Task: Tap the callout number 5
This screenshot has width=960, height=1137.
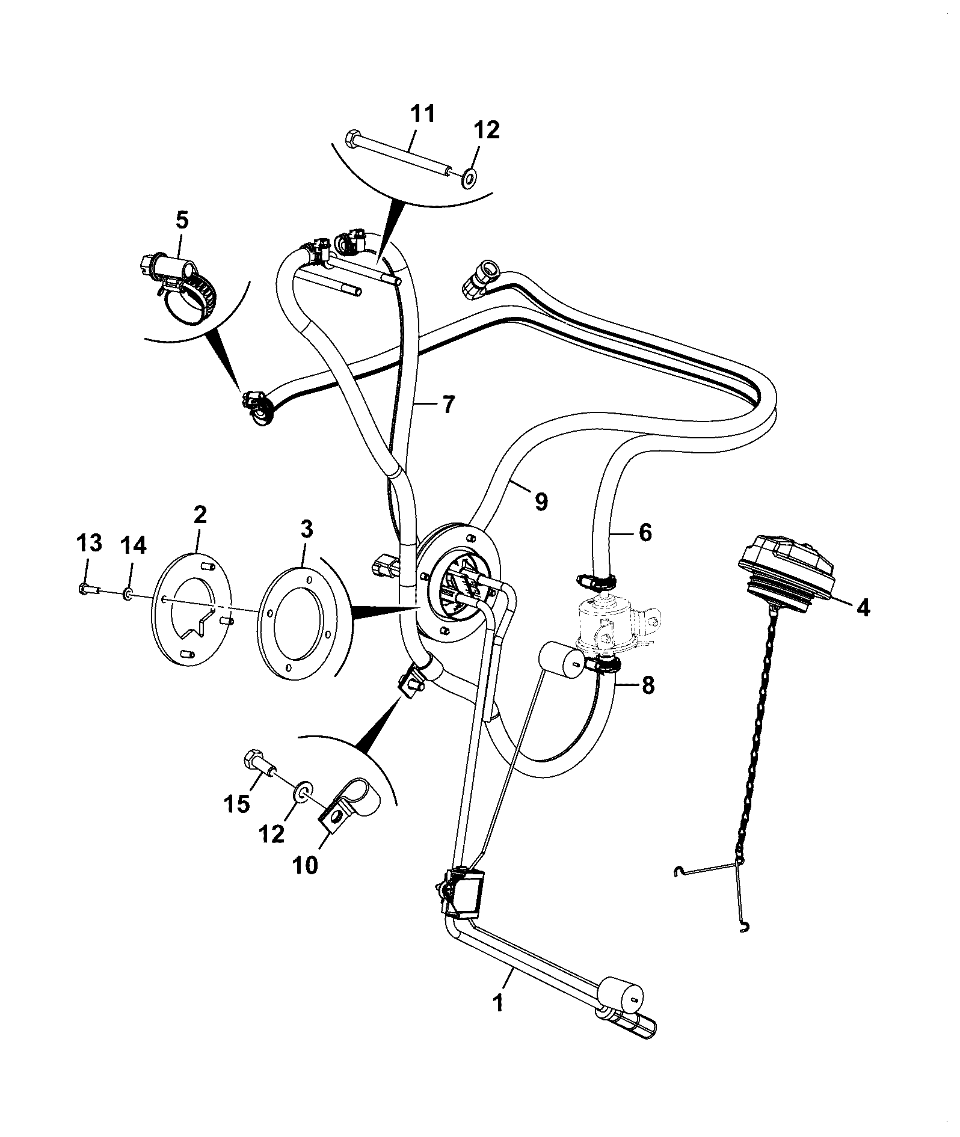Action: point(182,221)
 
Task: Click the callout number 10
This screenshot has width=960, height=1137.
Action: point(306,866)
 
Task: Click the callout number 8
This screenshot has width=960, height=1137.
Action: point(647,686)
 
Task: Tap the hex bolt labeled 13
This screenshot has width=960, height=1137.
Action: point(88,588)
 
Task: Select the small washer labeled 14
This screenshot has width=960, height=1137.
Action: point(128,595)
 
